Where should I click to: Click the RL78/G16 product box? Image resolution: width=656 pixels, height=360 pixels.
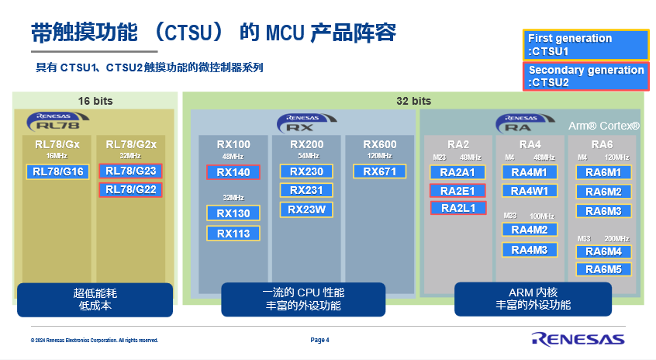coord(58,172)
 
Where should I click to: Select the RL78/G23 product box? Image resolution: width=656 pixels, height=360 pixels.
coord(130,171)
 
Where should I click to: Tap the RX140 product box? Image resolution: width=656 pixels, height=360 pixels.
coord(233,173)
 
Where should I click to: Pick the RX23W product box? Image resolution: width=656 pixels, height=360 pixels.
coord(306,209)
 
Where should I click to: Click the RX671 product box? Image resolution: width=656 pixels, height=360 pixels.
coord(380,171)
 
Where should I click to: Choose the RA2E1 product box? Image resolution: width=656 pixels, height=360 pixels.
coord(457,191)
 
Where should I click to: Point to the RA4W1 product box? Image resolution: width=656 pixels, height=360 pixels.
coord(530,191)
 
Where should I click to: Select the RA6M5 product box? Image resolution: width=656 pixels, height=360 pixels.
coord(603,269)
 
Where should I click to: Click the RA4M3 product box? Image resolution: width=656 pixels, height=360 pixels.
coord(530,250)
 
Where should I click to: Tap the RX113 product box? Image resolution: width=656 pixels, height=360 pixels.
coord(233,233)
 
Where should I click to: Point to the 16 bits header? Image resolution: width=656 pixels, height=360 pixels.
coord(96,101)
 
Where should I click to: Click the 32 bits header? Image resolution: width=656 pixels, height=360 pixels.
coord(413,101)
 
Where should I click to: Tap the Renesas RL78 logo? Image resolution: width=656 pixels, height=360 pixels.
coord(52,121)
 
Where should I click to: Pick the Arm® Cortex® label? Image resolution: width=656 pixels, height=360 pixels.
coord(604,126)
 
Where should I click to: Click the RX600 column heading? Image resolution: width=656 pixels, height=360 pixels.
coord(380,144)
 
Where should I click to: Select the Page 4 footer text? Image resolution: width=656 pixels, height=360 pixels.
coord(320,340)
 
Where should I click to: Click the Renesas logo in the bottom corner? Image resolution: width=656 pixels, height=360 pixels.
coord(578,338)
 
